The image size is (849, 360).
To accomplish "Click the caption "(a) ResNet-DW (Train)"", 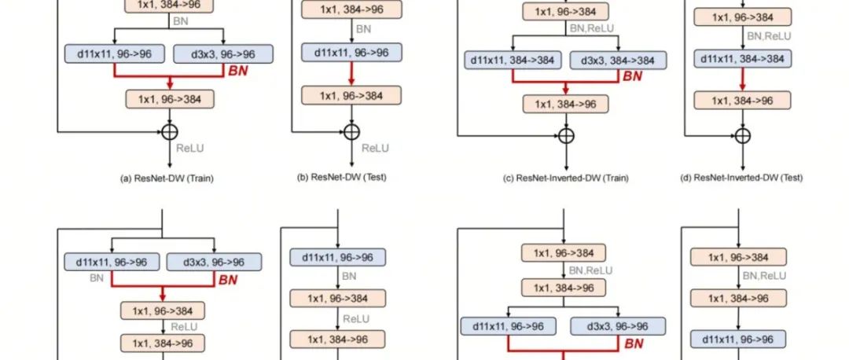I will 167,178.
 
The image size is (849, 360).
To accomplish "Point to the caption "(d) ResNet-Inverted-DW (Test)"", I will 741,178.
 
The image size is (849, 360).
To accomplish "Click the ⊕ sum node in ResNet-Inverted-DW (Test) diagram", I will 742,135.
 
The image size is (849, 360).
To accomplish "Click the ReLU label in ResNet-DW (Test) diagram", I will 376,148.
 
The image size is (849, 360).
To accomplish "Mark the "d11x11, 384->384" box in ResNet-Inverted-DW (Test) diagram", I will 742,57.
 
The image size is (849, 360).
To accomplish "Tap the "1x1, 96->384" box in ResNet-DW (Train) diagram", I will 170,98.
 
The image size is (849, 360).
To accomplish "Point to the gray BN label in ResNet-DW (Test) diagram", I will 363,29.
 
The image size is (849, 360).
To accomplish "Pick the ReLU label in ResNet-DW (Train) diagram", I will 189,147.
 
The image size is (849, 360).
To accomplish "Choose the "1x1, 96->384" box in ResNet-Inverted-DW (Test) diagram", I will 742,17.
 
